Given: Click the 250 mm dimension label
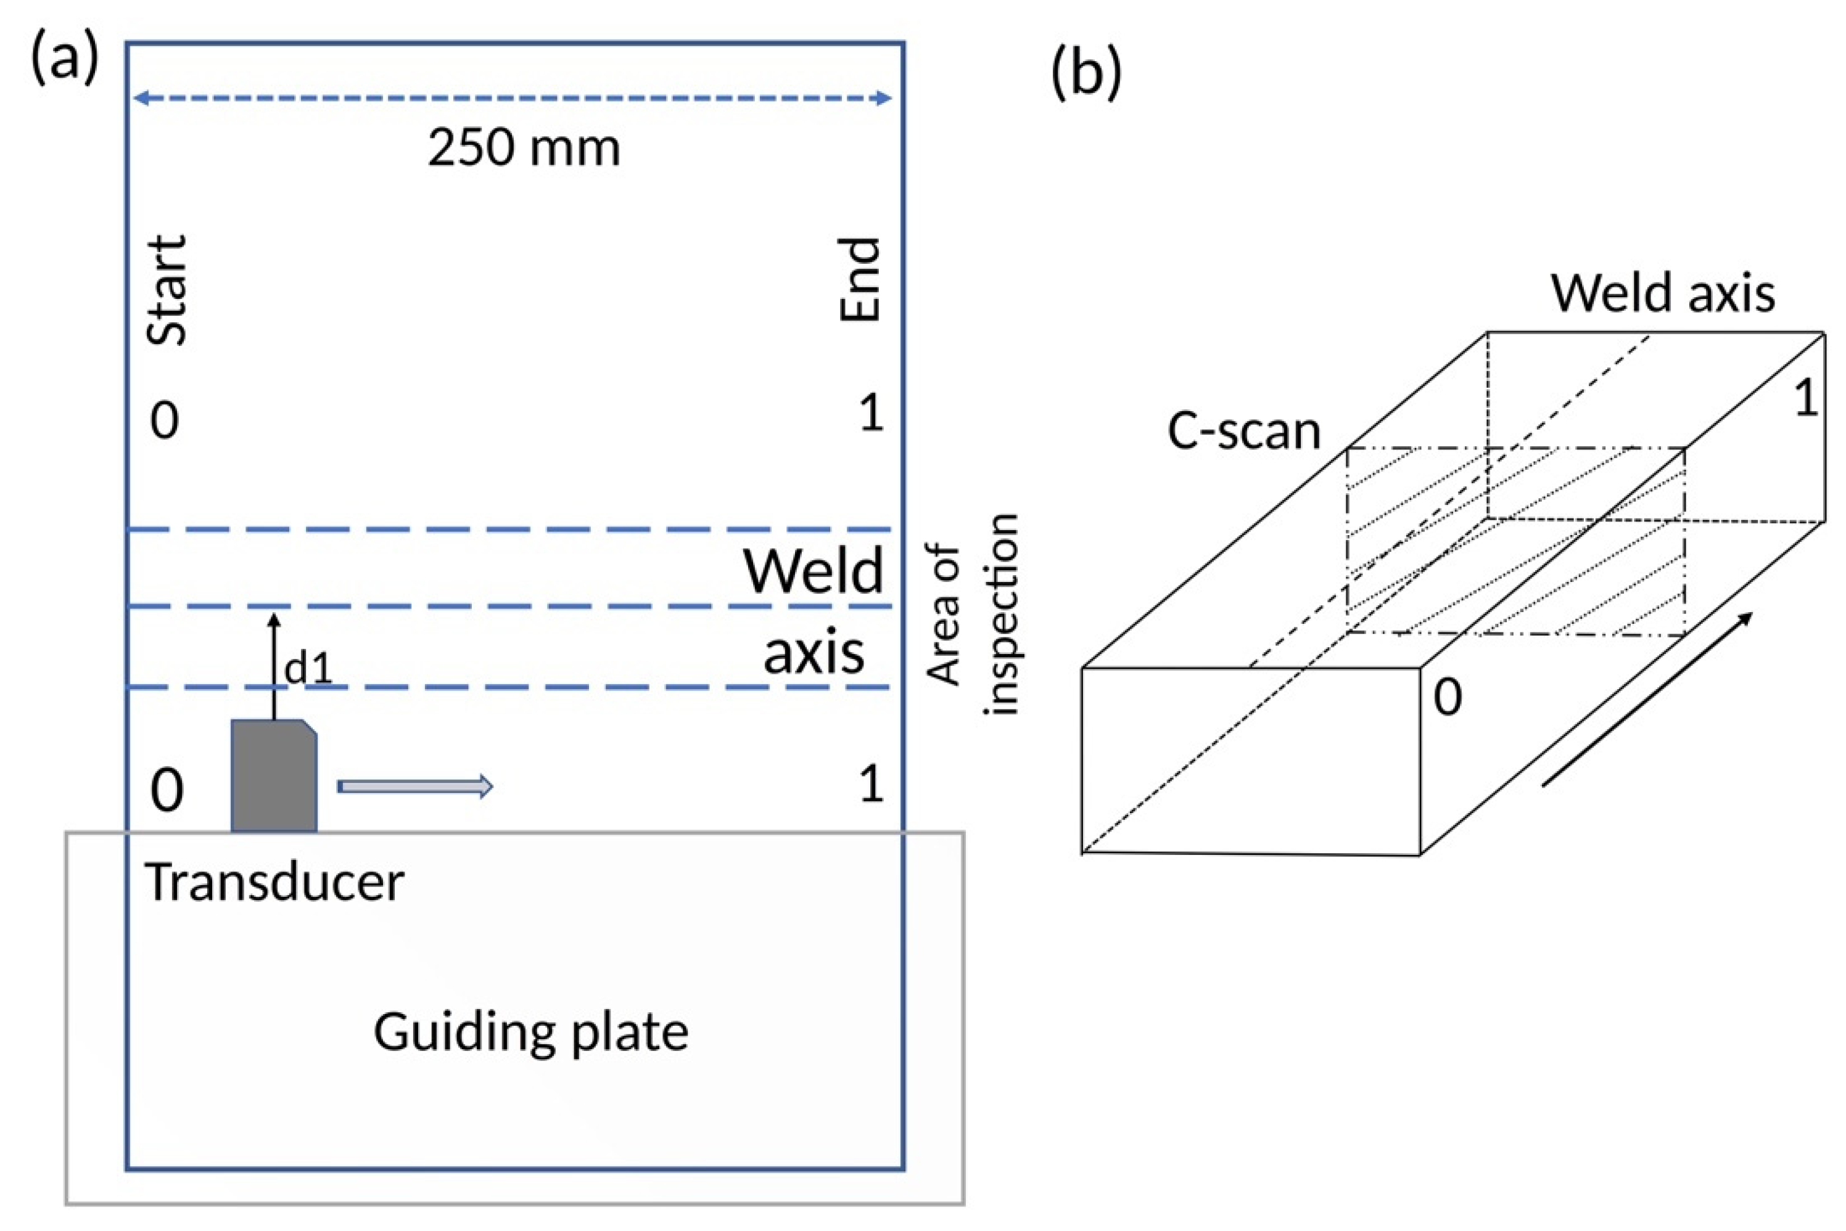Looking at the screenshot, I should coord(524,147).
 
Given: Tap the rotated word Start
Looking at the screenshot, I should coord(167,290).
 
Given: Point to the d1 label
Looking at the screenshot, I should coord(308,669).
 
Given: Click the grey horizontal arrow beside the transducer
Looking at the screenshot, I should coord(414,786).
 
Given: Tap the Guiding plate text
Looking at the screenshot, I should coord(530,1033).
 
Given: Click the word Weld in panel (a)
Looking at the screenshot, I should coord(813,571).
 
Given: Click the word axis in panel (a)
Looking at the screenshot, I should coord(814,652).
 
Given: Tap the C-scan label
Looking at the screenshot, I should coord(1243,431).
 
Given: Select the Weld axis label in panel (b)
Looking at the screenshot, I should coord(1662,293).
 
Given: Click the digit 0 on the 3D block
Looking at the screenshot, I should coord(1448,697).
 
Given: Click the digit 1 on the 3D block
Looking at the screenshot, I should coord(1806,398).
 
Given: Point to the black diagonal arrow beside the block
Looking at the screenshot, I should coord(1647,700).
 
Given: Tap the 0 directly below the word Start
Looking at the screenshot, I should coord(164,421).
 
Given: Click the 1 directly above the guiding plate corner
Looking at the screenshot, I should coord(871,783).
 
